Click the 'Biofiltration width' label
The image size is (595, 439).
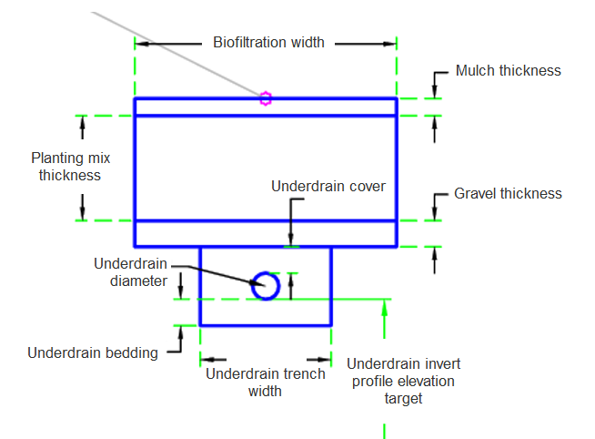pos(268,42)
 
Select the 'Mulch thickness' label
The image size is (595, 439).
pos(508,70)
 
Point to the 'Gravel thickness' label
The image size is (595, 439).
pos(508,193)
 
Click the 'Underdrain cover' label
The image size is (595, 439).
pos(328,186)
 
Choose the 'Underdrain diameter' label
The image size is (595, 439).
pos(131,271)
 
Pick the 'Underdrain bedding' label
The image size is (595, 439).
pos(93,352)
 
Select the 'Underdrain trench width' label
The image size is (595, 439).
pos(265,383)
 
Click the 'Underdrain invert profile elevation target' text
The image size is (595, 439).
pos(403,381)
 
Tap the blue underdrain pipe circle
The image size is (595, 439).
pos(265,285)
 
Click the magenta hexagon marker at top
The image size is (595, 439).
pos(265,98)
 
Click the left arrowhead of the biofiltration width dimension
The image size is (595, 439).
pos(141,43)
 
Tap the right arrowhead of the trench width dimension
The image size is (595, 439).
pos(325,360)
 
